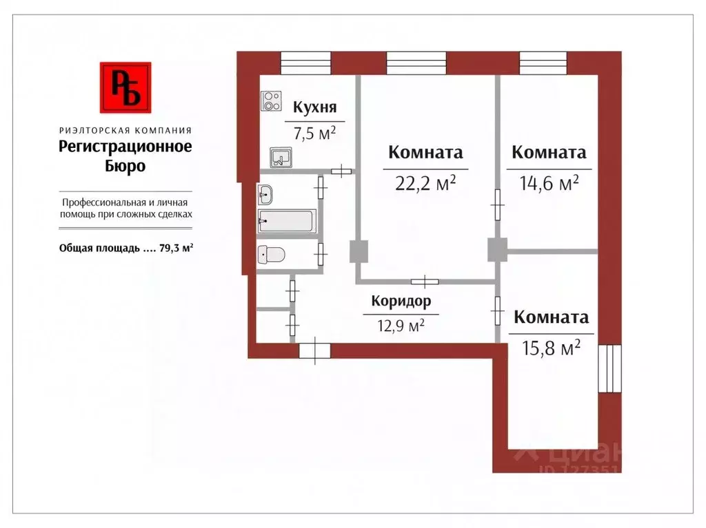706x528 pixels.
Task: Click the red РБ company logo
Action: click(x=125, y=87)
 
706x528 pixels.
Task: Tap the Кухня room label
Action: click(x=314, y=107)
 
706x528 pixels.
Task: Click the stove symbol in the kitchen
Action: click(x=271, y=101)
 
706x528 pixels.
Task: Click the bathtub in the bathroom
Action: click(x=286, y=222)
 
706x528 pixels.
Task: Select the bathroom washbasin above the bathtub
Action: click(x=265, y=195)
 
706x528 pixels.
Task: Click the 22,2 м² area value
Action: click(x=425, y=183)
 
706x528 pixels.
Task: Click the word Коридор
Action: click(x=401, y=301)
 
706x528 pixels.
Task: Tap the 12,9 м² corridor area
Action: click(x=400, y=325)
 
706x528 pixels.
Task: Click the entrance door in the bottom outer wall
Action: click(x=314, y=351)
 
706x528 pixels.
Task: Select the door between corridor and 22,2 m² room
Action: click(x=425, y=281)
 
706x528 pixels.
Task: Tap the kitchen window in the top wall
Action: click(x=306, y=63)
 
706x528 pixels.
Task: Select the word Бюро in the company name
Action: click(x=125, y=166)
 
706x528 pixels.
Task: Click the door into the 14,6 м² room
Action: click(x=496, y=205)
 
